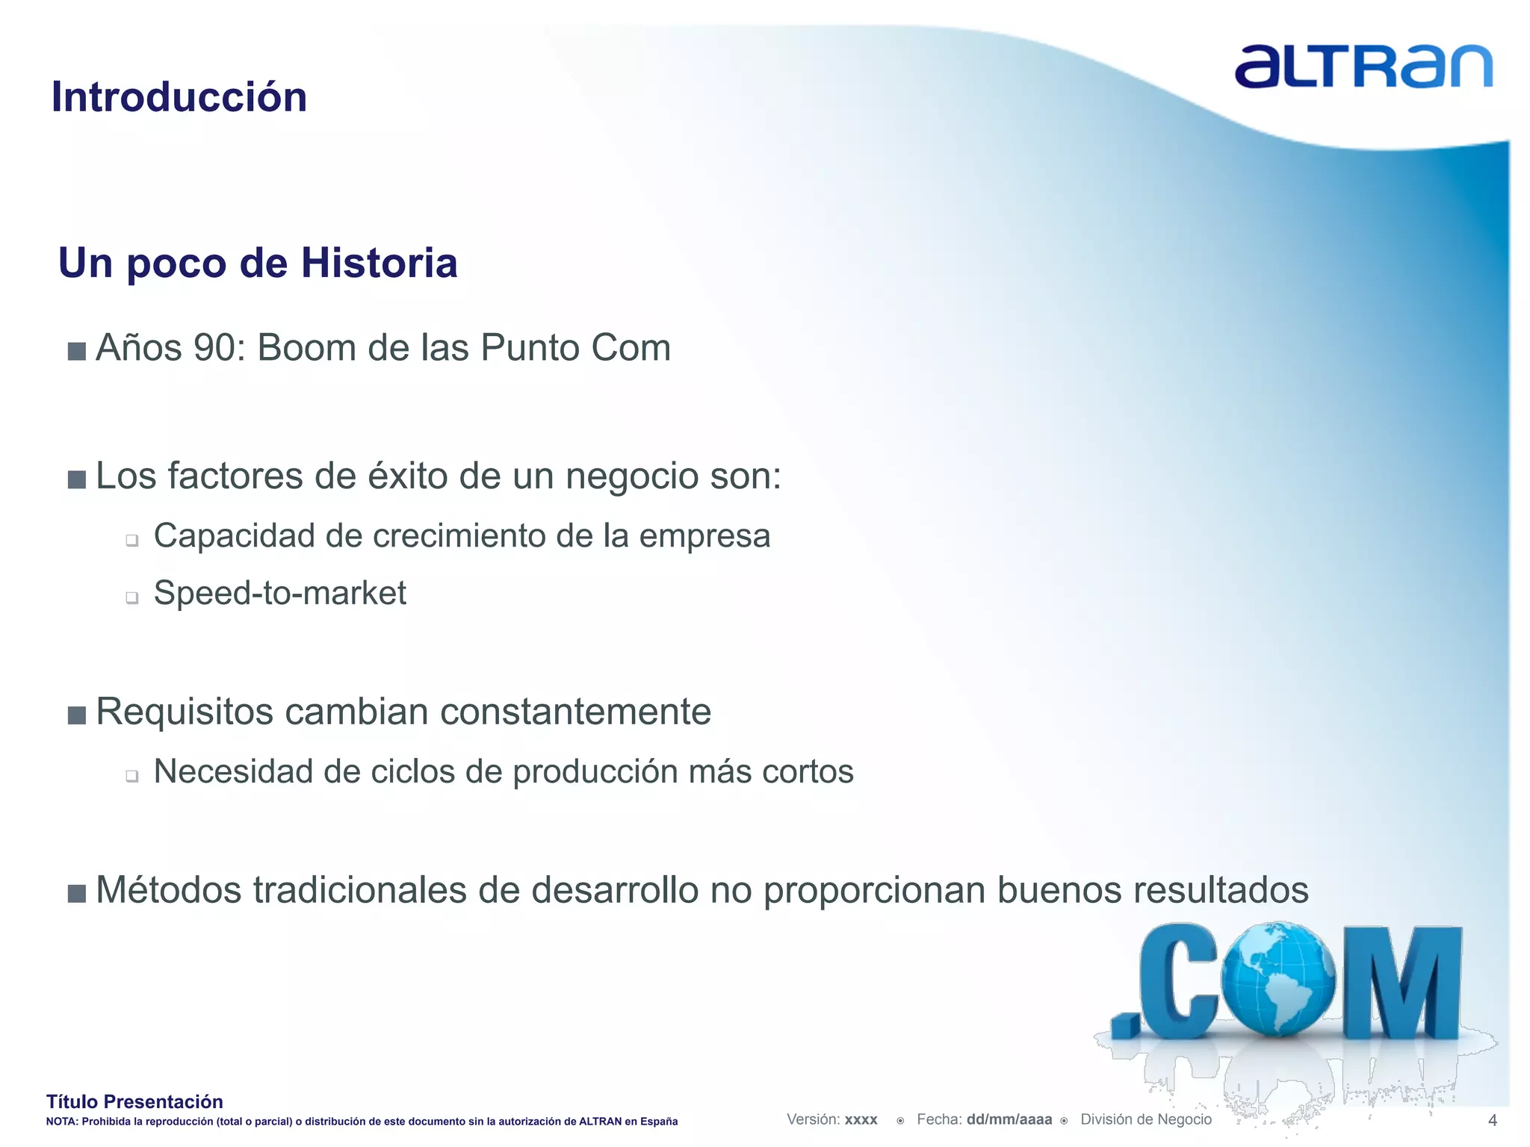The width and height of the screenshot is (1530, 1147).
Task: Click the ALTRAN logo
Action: pyautogui.click(x=1363, y=67)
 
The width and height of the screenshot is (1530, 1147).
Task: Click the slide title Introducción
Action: pyautogui.click(x=179, y=97)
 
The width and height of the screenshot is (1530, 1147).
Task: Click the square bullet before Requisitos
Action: pyautogui.click(x=77, y=715)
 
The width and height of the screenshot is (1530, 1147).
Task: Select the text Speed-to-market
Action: pyautogui.click(x=279, y=594)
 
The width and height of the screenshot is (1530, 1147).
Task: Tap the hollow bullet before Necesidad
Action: pyautogui.click(x=132, y=776)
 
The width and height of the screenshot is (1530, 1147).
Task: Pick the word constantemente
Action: pyautogui.click(x=575, y=712)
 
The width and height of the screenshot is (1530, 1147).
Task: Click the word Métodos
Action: pyautogui.click(x=169, y=890)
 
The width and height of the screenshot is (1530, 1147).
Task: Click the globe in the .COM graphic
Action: pyautogui.click(x=1279, y=979)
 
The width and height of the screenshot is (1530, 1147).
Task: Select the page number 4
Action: pyautogui.click(x=1493, y=1120)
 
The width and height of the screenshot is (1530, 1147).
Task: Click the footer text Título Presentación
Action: pyautogui.click(x=134, y=1101)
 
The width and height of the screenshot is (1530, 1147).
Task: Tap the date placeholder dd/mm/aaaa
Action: pyautogui.click(x=1009, y=1119)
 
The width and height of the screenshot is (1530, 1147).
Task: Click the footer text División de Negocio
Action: pyautogui.click(x=1145, y=1119)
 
